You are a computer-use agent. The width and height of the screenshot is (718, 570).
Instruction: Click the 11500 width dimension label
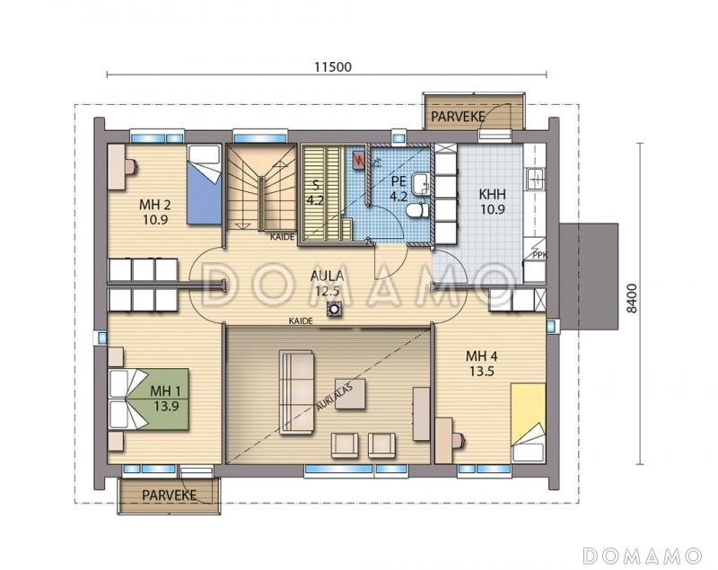point(333,66)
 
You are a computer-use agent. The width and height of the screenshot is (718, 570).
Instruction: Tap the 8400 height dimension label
point(632,299)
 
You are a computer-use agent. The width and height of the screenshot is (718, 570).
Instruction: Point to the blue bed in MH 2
point(205,185)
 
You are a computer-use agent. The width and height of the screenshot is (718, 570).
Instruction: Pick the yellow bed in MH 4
point(529,423)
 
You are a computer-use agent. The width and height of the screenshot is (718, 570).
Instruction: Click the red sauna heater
point(358,161)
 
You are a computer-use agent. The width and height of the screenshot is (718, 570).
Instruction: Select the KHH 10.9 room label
point(492,201)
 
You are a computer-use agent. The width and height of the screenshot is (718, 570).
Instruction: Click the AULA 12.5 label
point(327,283)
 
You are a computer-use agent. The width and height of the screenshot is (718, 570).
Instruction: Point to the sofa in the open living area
point(297,392)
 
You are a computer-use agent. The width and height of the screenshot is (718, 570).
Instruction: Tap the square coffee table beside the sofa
point(350,394)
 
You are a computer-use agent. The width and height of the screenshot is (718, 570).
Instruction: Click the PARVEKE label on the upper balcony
point(458,117)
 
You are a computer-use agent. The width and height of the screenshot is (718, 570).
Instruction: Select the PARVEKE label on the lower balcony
point(169,495)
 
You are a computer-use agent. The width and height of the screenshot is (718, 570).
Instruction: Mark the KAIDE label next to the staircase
point(282,237)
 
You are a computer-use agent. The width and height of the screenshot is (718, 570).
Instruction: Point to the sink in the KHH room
point(535,179)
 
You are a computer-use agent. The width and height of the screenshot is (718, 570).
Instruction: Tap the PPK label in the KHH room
point(540,256)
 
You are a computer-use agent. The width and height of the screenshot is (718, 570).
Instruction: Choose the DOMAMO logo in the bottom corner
point(642,556)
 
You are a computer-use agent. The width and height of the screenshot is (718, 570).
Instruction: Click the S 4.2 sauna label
point(315,193)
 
